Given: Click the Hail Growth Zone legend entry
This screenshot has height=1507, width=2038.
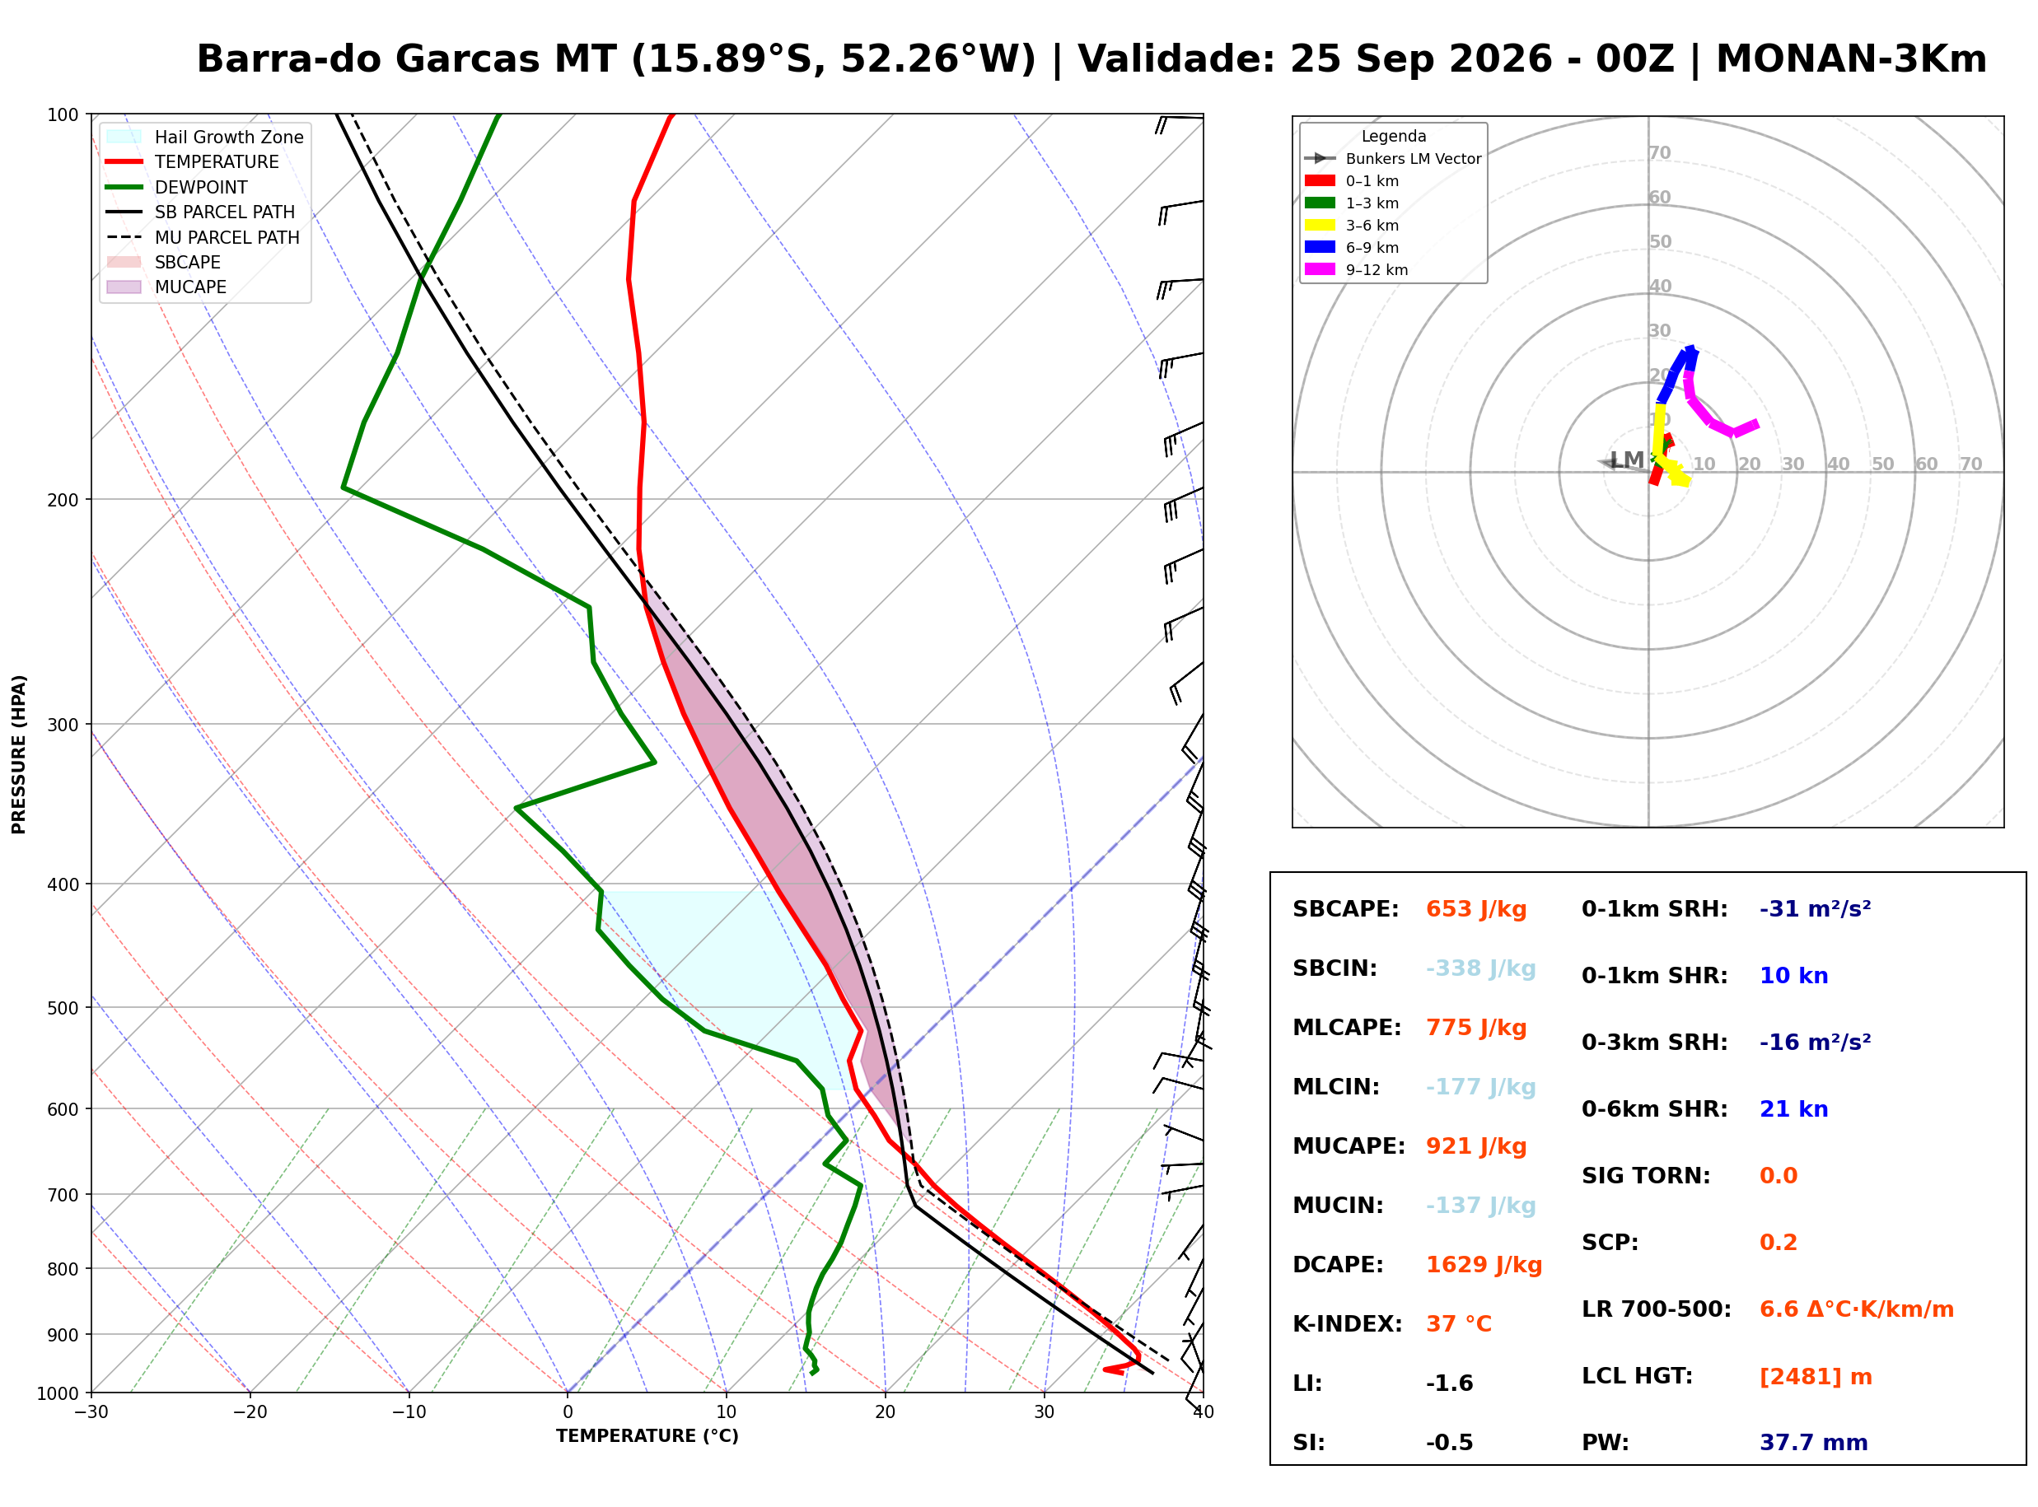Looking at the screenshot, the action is click(204, 137).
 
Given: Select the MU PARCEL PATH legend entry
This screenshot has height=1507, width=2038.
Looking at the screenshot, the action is click(204, 237).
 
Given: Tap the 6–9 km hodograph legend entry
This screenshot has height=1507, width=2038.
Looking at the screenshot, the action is click(1352, 247).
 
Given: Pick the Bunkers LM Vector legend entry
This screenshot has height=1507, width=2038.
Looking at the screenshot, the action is click(1393, 159).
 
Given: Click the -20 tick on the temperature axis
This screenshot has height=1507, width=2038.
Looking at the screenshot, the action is click(250, 1412).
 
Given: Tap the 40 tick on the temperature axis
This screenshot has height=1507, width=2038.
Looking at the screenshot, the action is click(1204, 1412).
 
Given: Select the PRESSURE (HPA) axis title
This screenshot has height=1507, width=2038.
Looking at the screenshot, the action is click(19, 754).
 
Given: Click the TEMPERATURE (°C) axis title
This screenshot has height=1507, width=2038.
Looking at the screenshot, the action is click(647, 1436).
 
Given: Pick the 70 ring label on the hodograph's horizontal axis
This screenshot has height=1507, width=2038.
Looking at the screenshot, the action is click(1971, 464).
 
